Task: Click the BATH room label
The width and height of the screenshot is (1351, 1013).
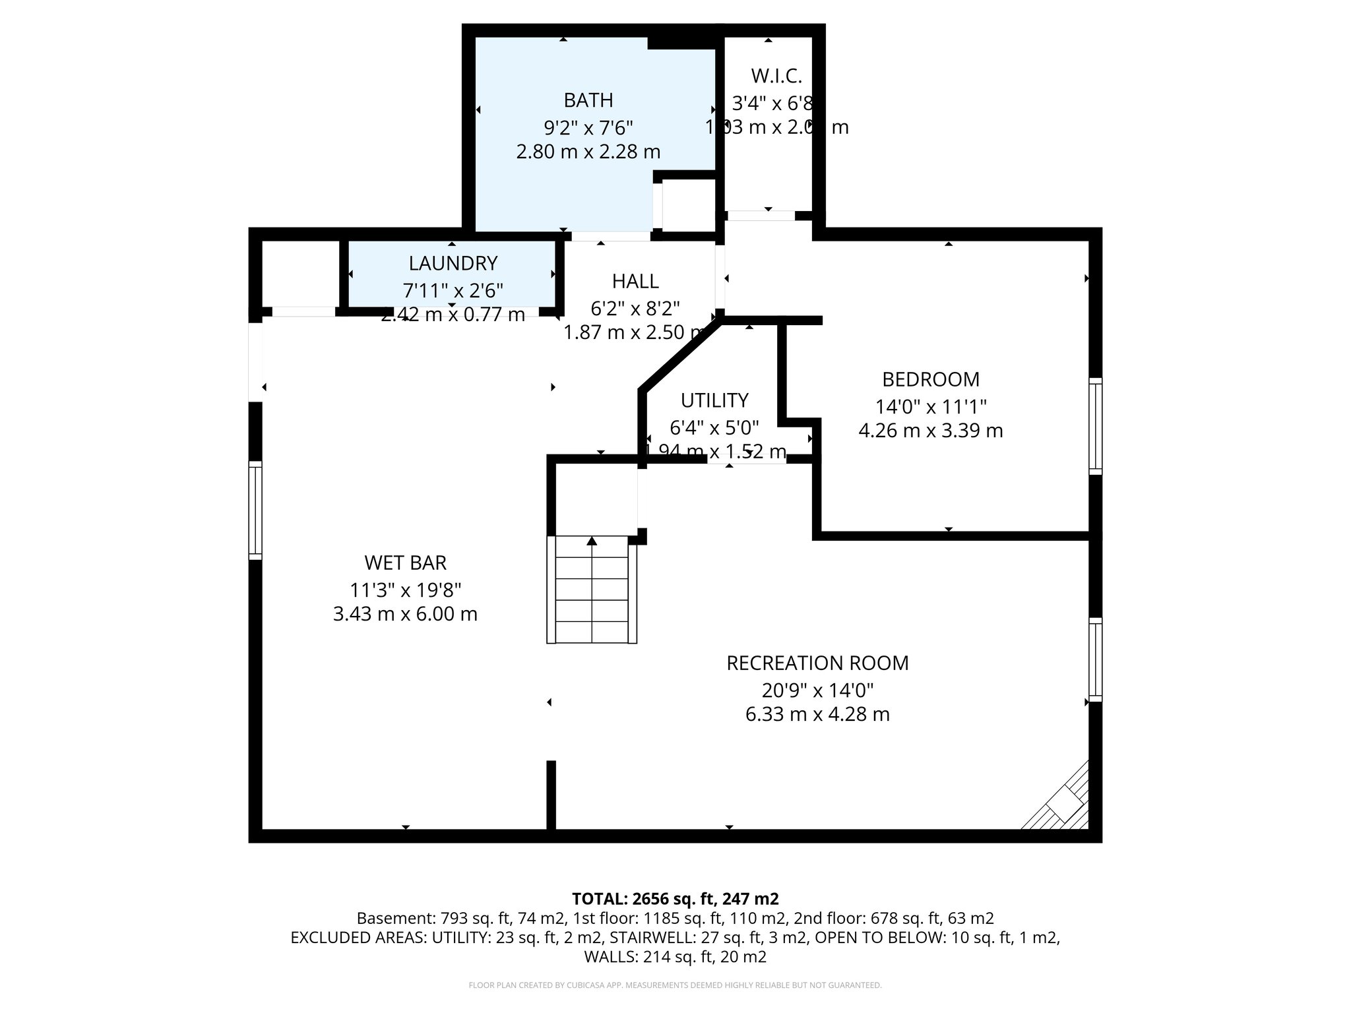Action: (x=588, y=100)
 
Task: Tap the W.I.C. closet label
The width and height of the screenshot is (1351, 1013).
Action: (x=776, y=77)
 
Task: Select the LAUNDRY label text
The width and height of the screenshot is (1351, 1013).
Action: (x=453, y=263)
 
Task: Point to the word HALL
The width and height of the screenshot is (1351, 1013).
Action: (x=635, y=282)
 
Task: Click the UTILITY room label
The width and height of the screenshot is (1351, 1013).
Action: (x=714, y=400)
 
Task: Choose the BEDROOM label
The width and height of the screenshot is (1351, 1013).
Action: (x=930, y=379)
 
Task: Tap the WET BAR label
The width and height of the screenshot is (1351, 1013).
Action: (x=405, y=563)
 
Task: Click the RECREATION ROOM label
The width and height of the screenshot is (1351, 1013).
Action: (x=817, y=663)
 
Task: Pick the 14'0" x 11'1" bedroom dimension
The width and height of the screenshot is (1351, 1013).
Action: (x=930, y=406)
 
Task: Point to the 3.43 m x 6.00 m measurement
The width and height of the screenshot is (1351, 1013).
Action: (x=405, y=614)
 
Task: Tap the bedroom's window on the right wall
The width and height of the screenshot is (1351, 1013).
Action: (x=1095, y=426)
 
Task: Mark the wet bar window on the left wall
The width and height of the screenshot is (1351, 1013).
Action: (x=255, y=510)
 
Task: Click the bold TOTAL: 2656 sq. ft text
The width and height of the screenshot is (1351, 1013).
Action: (x=675, y=898)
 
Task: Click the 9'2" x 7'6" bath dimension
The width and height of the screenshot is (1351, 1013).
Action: (x=588, y=127)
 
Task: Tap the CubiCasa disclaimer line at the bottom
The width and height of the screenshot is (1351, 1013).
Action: (x=675, y=985)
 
